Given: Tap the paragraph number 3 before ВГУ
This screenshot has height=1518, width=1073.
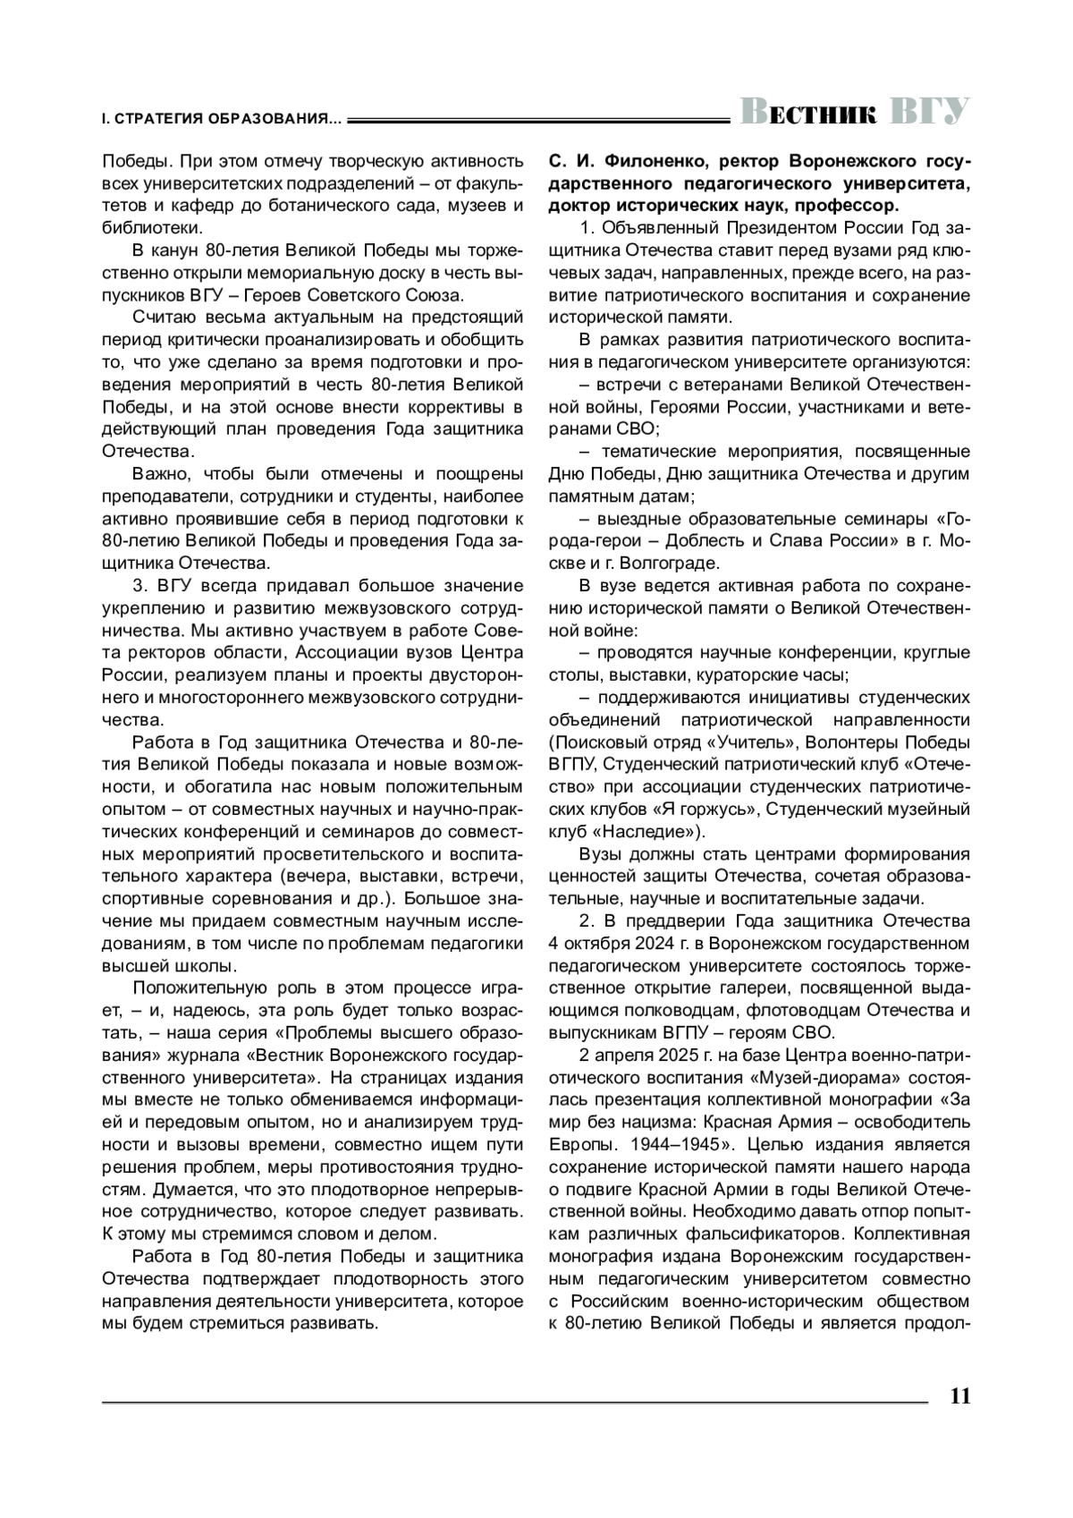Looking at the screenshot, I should coord(138,586).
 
